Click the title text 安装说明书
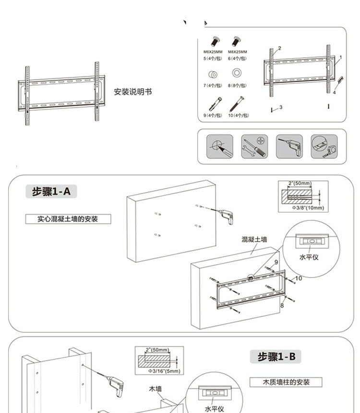coord(132,92)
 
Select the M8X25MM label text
coord(237,52)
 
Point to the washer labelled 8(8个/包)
coord(237,73)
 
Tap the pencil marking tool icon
coord(220,146)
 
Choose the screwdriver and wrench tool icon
coord(254,146)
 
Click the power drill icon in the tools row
coord(289,146)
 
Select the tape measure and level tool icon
coord(324,146)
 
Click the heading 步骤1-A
coord(51,192)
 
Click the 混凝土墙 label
coord(254,239)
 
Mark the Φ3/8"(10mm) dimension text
coord(308,208)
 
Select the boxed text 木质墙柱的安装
coord(286,382)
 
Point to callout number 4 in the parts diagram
coord(334,93)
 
